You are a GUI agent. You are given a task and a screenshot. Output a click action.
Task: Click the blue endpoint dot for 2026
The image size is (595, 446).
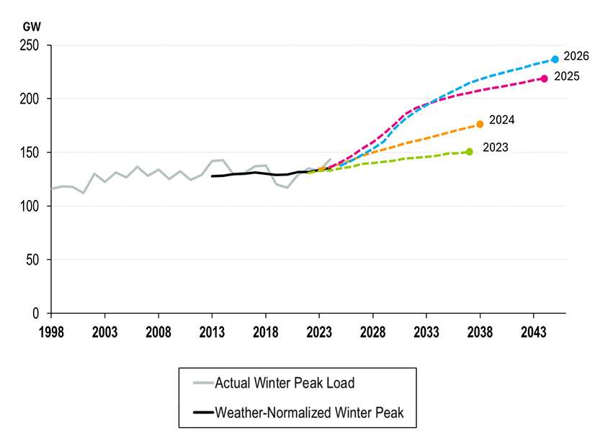pyautogui.click(x=555, y=59)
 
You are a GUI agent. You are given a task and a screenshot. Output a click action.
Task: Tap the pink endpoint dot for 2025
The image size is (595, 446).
pyautogui.click(x=544, y=78)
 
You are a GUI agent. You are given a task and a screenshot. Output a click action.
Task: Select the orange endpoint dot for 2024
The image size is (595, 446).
pyautogui.click(x=480, y=124)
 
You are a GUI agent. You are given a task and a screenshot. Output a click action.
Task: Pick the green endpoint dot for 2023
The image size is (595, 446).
pyautogui.click(x=469, y=152)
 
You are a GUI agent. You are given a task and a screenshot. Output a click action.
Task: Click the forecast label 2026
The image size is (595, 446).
pyautogui.click(x=576, y=56)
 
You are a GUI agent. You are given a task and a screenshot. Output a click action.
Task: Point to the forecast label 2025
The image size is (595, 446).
pyautogui.click(x=566, y=76)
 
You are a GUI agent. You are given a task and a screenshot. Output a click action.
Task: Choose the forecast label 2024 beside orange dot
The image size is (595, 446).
pyautogui.click(x=501, y=119)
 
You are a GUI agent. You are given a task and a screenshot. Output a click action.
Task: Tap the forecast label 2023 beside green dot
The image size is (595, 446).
pyautogui.click(x=495, y=147)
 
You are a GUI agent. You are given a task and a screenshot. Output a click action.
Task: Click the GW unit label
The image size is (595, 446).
pyautogui.click(x=32, y=27)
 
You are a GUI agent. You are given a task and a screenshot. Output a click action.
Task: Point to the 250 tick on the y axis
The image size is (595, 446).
pyautogui.click(x=30, y=45)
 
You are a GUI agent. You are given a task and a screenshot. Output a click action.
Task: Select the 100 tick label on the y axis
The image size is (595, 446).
pyautogui.click(x=30, y=206)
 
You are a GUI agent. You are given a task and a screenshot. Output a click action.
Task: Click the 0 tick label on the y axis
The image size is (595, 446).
pyautogui.click(x=36, y=314)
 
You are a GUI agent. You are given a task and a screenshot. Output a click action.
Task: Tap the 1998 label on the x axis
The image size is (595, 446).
pyautogui.click(x=51, y=332)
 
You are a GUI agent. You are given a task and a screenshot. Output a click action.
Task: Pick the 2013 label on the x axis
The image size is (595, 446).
pyautogui.click(x=212, y=332)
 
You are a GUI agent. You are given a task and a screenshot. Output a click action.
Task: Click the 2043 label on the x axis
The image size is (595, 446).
pyautogui.click(x=533, y=332)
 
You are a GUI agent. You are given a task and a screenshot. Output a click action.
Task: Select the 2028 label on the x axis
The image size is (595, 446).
pyautogui.click(x=372, y=332)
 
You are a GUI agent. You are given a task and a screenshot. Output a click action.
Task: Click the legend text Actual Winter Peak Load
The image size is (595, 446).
pyautogui.click(x=285, y=383)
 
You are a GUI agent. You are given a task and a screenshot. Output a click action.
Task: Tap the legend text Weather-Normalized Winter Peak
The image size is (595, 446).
pyautogui.click(x=309, y=412)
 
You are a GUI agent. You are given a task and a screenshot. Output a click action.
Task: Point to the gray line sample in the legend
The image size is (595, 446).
pyautogui.click(x=203, y=383)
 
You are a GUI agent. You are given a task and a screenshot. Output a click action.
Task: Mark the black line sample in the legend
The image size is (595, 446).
pyautogui.click(x=203, y=412)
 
